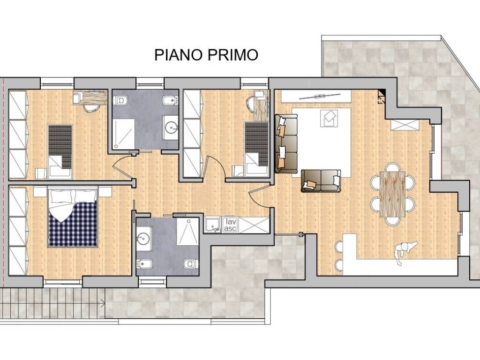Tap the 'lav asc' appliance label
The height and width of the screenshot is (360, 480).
[x=230, y=225]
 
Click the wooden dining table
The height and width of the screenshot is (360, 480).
[x=392, y=194]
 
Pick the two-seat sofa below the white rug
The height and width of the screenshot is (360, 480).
[x=321, y=180]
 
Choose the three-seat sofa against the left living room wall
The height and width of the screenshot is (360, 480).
[x=286, y=143]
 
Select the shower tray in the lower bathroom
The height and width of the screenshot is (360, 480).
[x=188, y=231]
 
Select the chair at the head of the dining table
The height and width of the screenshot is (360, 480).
[x=392, y=166]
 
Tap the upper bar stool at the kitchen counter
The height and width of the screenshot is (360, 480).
[x=339, y=246]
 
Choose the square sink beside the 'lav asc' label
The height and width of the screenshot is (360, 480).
[x=213, y=225]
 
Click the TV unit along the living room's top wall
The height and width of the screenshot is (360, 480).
[x=316, y=96]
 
